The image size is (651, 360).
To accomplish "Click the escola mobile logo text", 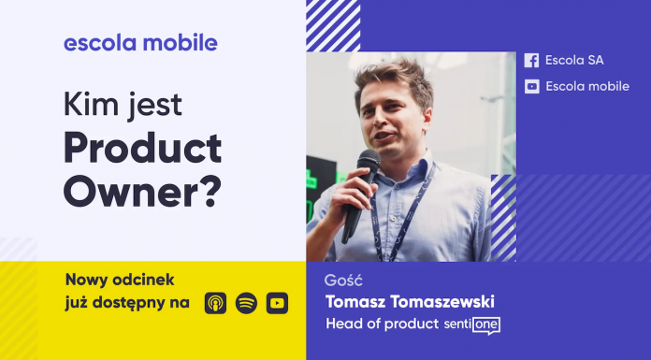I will coord(140,42).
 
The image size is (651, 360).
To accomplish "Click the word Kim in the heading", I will coord(86,104).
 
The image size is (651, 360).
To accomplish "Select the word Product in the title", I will coord(142,147).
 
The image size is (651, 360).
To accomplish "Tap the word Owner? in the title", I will coord(142,190).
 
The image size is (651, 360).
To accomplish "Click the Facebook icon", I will coord(531,60).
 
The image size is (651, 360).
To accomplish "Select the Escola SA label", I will coord(574,60).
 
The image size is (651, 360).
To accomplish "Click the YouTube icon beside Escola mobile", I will coord(531,86).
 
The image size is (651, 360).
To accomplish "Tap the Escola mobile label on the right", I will coord(587,86).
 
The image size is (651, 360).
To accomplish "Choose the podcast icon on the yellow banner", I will coord(215,303).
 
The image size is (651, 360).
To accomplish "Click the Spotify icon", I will coord(246,303).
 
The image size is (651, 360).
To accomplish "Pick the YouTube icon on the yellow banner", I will coord(277,303).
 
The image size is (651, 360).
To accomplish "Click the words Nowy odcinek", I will coord(120,280).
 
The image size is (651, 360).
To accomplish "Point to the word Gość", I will coord(343,280).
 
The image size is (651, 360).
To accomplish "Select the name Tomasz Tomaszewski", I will coord(410,302).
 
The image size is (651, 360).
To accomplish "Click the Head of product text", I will coord(382,324).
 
